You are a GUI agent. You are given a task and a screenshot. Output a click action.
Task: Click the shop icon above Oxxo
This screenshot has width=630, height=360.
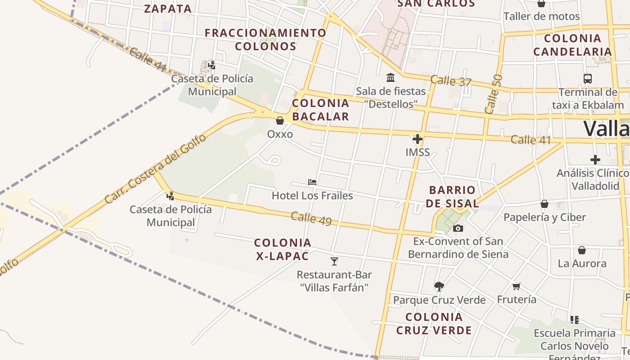click(x=279, y=121)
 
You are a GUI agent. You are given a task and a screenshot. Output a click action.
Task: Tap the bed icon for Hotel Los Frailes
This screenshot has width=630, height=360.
click(x=312, y=182)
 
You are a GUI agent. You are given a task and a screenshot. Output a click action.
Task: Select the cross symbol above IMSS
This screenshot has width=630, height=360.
click(x=418, y=139)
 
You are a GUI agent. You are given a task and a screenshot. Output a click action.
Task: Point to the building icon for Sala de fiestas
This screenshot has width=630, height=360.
click(x=391, y=78)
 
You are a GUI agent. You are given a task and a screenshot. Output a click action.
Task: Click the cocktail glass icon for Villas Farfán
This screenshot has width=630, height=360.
click(x=334, y=261)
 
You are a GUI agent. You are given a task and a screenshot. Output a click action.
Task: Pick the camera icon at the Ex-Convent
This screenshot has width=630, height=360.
click(x=458, y=228)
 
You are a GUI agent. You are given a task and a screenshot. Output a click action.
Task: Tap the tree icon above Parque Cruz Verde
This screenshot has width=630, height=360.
click(x=439, y=286)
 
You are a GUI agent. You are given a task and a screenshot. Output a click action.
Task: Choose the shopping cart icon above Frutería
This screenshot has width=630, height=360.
click(x=517, y=286)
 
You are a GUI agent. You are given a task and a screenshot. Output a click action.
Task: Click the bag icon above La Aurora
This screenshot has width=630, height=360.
click(x=582, y=250)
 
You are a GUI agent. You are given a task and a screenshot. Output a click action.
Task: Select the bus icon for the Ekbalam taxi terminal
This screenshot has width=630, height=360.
click(x=587, y=79)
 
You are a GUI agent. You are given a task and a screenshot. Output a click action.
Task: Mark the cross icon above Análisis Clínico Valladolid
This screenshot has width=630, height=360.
click(x=595, y=160)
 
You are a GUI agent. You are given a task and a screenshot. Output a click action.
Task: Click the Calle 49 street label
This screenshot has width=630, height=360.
click(x=311, y=219)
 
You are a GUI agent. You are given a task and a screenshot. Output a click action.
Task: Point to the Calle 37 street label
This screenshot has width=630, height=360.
click(x=450, y=81)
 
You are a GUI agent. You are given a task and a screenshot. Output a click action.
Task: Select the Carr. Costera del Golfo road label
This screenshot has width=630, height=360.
click(x=155, y=169)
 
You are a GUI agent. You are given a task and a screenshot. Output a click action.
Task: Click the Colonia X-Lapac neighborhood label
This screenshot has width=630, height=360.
click(x=283, y=249)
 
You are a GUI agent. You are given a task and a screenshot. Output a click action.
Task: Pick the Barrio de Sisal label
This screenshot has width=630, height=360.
click(x=452, y=197)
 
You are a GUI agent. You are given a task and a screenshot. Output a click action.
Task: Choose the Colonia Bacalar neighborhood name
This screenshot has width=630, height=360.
click(x=320, y=110)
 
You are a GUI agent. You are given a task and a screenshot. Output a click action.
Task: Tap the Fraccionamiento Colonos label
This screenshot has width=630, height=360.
click(x=265, y=40)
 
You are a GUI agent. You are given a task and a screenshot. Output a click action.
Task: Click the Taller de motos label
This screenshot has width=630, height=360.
click(x=541, y=17)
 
